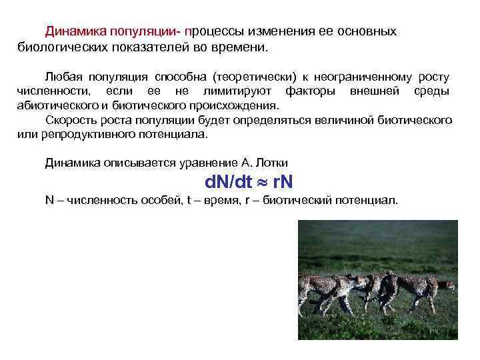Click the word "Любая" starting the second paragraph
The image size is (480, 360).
61,78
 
